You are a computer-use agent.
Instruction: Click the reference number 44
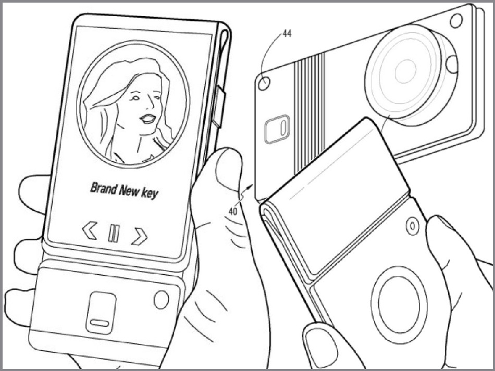[x=287, y=33]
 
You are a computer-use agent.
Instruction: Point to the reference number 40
[x=233, y=211]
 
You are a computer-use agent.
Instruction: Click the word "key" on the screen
[x=150, y=194]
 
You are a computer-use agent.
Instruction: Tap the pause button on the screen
[x=114, y=233]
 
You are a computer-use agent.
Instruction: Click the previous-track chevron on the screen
[x=90, y=230]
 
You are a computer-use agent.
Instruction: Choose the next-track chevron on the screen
[x=140, y=236]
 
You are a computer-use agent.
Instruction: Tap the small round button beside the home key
[x=161, y=299]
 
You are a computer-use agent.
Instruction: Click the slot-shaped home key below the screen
[x=101, y=312]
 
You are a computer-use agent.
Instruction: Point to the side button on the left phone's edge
[x=220, y=107]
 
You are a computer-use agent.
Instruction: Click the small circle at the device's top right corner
[x=456, y=21]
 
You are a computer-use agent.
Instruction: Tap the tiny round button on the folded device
[x=412, y=225]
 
